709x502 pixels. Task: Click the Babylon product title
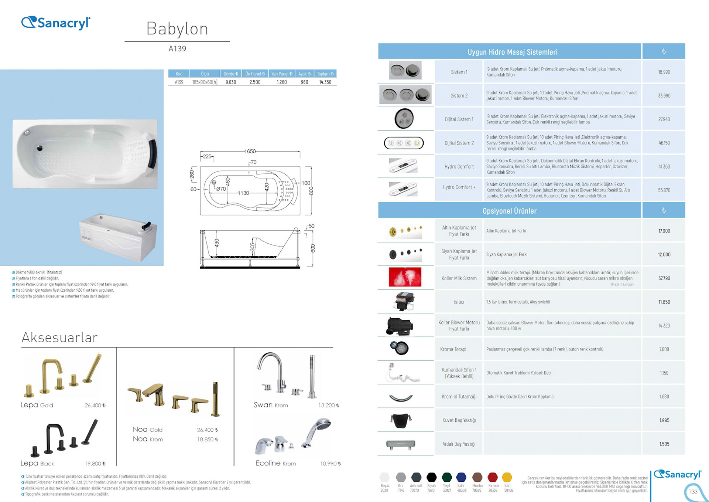(177, 29)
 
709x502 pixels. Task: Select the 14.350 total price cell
(325, 82)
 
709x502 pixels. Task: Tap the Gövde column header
(231, 74)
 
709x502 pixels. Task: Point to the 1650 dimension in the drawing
(250, 151)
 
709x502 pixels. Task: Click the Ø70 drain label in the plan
(221, 189)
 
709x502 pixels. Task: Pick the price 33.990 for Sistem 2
(664, 96)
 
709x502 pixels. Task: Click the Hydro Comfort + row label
(459, 187)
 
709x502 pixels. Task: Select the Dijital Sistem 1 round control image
(404, 119)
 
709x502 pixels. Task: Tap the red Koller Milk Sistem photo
(405, 277)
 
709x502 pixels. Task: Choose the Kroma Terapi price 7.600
(664, 349)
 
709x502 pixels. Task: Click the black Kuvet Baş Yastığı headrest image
(401, 420)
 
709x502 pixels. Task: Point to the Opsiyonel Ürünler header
(509, 211)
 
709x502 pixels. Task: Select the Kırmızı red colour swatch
(492, 477)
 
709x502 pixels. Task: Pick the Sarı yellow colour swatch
(507, 477)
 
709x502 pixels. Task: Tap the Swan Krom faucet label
(271, 405)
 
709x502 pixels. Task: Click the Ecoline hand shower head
(322, 423)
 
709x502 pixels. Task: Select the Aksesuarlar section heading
(60, 338)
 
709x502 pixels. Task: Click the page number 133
(693, 492)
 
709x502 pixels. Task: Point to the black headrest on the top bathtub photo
(152, 153)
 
